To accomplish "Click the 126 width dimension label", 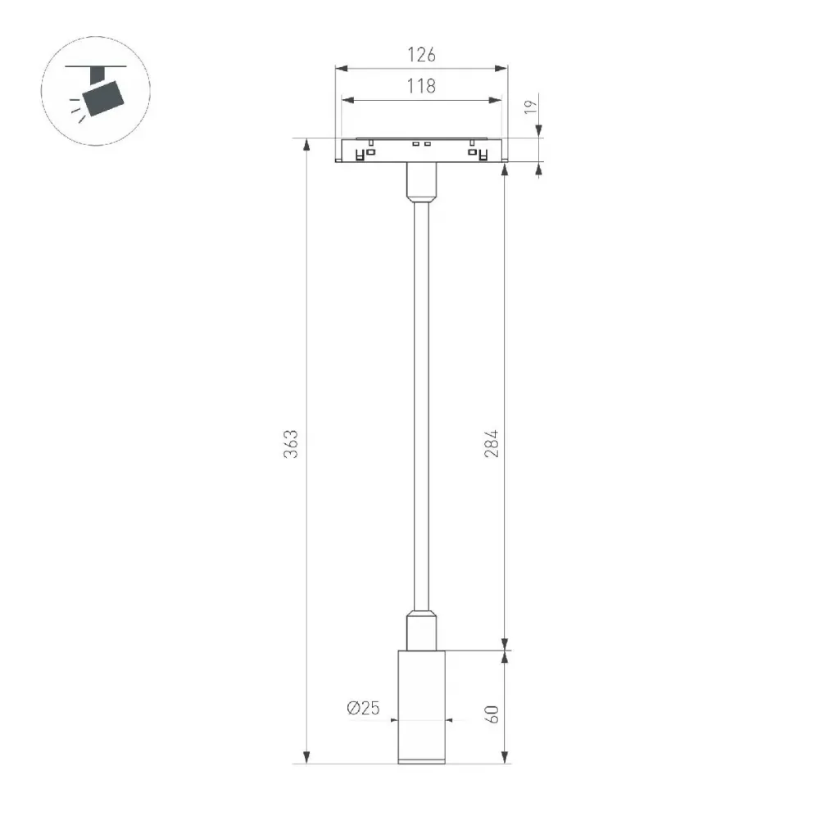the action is [x=421, y=55].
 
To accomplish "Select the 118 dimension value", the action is [x=421, y=85].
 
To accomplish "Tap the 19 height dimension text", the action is [x=530, y=107].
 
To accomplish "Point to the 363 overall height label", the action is [x=291, y=443].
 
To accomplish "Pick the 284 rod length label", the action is [x=492, y=443].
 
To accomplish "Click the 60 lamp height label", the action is [x=492, y=714].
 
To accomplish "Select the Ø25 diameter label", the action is [x=363, y=708].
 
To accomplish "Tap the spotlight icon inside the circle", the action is [x=97, y=92].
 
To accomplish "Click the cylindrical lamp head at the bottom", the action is [x=421, y=707].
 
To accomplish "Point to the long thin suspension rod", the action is [x=421, y=406].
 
